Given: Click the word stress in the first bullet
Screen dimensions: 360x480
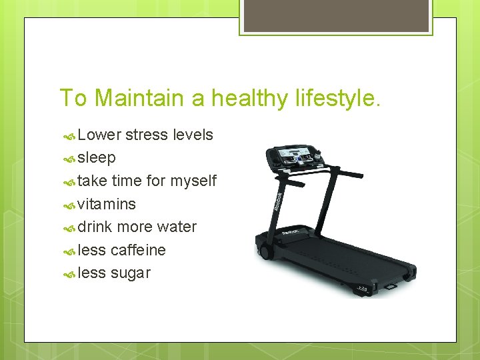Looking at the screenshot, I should click(x=147, y=135).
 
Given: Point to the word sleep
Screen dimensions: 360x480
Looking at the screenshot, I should click(x=97, y=158).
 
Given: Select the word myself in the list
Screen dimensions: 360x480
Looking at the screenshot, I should click(x=193, y=181).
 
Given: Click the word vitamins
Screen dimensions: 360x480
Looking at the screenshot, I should click(x=107, y=204).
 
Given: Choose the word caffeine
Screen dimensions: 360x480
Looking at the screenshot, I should click(x=138, y=250).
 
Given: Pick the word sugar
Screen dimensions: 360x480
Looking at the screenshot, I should click(x=131, y=273).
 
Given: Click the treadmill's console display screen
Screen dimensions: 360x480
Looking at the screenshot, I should click(x=293, y=158).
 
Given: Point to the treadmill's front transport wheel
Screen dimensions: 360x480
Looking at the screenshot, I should click(x=264, y=253).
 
